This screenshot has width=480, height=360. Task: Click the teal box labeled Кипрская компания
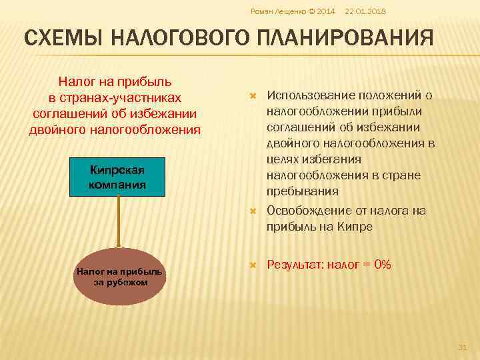[117, 177]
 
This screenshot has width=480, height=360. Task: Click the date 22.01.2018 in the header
[365, 12]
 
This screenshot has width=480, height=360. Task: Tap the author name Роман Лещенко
[274, 12]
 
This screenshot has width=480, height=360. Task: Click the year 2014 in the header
[326, 12]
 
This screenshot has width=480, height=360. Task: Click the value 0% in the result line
[383, 265]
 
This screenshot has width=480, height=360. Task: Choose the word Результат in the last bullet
[295, 265]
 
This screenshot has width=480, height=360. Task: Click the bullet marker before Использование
[253, 97]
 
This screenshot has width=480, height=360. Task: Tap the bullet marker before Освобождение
[253, 211]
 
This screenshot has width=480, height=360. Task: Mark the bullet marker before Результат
[253, 265]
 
